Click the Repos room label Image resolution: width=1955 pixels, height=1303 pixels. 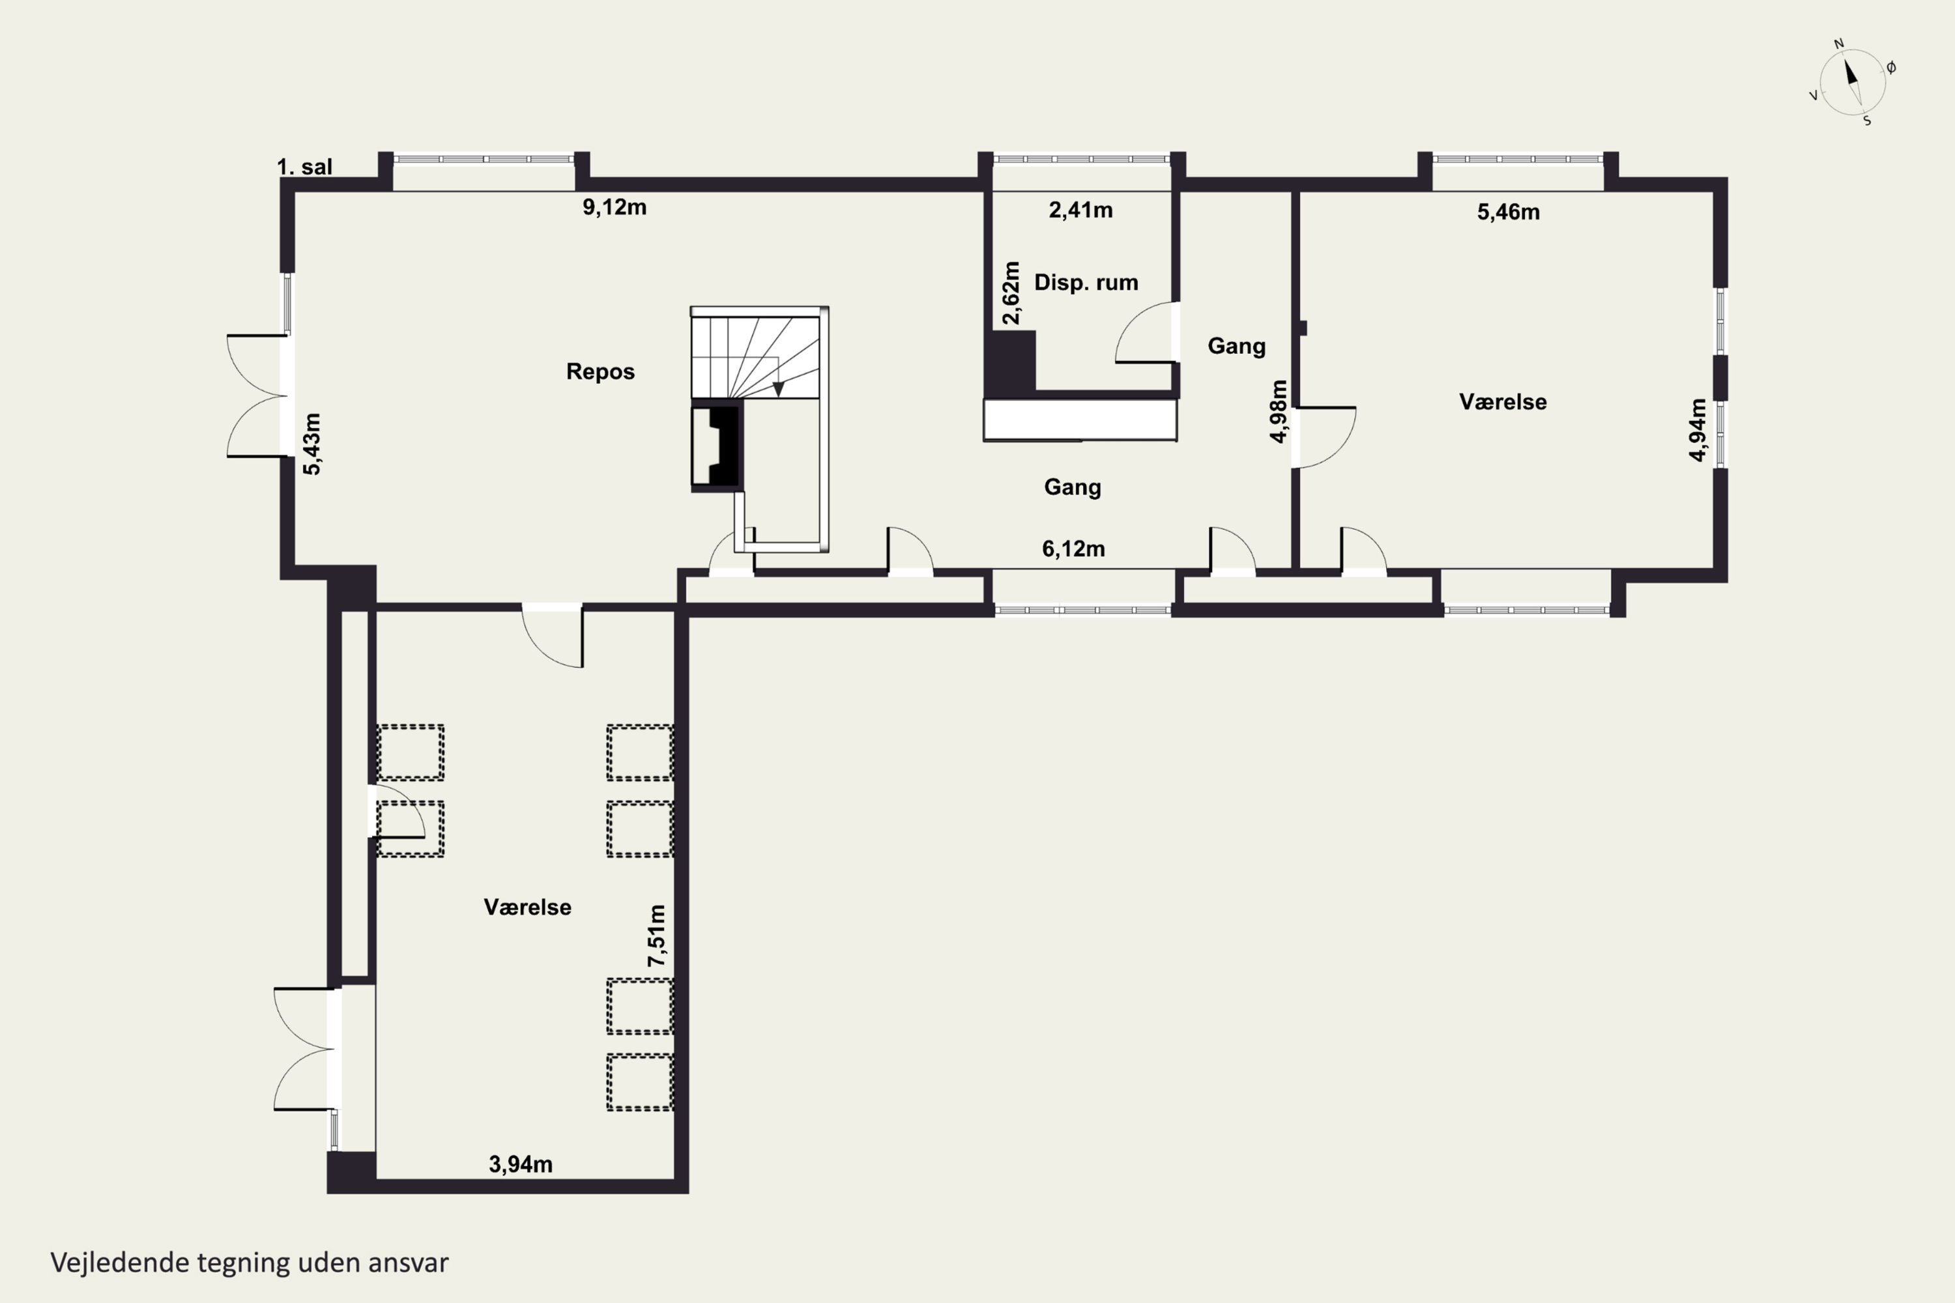600,371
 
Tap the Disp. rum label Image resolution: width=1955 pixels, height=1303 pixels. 1086,283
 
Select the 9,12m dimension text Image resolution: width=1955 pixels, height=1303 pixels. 615,207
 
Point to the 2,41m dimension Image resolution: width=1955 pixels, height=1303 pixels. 1080,210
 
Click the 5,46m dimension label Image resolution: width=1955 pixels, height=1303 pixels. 1508,212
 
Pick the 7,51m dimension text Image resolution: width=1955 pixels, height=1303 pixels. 657,935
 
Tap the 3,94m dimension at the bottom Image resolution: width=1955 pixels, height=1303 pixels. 520,1164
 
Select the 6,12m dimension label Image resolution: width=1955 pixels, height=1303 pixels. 1073,549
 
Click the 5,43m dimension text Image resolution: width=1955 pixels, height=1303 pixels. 311,444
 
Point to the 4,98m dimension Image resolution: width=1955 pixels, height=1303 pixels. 1279,411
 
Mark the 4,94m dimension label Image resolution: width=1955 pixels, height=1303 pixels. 1698,429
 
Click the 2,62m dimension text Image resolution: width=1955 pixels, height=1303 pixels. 1011,293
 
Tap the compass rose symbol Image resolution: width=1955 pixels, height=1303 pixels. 1852,82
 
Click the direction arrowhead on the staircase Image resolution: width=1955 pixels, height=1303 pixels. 779,389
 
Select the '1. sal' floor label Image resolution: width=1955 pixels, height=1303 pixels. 304,167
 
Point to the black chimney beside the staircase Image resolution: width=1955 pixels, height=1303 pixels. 716,446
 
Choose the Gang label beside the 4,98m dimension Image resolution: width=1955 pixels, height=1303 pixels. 1236,347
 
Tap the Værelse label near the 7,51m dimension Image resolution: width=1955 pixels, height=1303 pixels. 527,907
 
